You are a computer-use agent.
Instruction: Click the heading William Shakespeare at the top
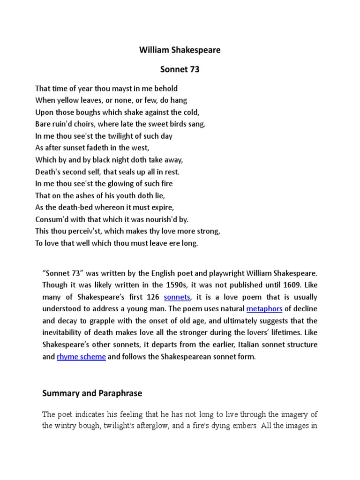(x=180, y=50)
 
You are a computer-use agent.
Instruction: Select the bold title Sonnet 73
(x=180, y=69)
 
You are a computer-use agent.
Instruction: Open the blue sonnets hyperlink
(x=177, y=297)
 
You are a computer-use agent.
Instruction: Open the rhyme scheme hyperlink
(x=81, y=357)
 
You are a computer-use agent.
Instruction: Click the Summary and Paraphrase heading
(x=92, y=394)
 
